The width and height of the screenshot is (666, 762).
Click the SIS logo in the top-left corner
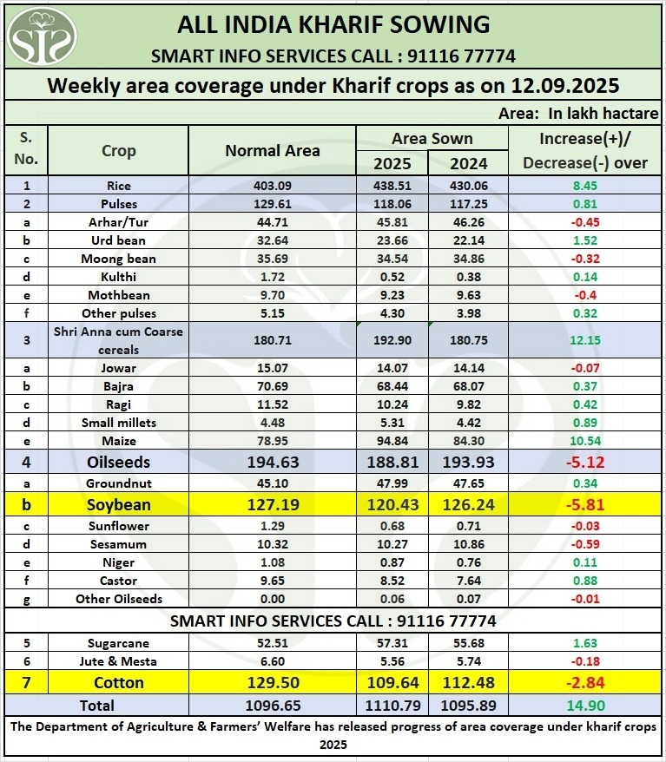tap(42, 36)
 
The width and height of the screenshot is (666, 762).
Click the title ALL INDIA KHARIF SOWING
tap(333, 23)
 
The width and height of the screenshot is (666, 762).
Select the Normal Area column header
tap(272, 150)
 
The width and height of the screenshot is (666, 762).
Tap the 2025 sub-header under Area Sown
tap(392, 163)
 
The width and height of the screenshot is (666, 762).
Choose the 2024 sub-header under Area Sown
tap(469, 163)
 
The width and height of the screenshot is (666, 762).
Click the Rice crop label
tap(118, 186)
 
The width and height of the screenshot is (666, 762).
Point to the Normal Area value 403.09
tap(272, 186)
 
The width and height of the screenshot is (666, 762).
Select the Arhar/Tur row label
tap(118, 222)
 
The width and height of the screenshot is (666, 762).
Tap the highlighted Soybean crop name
tap(118, 504)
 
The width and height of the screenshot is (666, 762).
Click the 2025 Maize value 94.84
tap(392, 441)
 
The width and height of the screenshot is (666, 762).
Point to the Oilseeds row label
tap(118, 463)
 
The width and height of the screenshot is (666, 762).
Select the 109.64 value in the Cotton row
tap(392, 682)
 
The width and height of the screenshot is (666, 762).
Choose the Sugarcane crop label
tap(118, 643)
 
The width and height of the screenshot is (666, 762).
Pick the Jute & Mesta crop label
tap(118, 661)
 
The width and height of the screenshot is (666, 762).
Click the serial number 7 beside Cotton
tap(26, 682)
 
